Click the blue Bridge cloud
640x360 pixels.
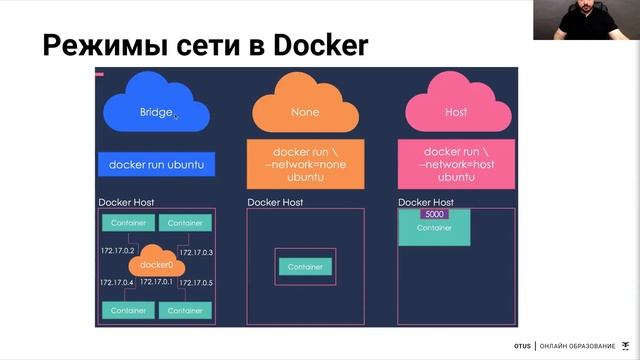(x=156, y=112)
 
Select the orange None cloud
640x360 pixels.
(x=305, y=112)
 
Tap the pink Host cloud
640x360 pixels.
(x=455, y=112)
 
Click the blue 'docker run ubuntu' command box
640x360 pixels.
(x=157, y=164)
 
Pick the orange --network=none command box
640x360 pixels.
(x=305, y=164)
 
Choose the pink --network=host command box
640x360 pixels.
(x=455, y=164)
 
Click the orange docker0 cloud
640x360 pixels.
(x=157, y=265)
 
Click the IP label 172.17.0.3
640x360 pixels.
(x=196, y=251)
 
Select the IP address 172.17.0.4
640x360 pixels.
(x=117, y=283)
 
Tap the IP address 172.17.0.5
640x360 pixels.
(x=196, y=283)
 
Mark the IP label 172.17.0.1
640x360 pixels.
(x=157, y=283)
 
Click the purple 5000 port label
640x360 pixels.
(x=435, y=214)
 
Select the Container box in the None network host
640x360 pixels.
(x=305, y=267)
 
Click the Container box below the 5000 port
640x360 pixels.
(x=434, y=229)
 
